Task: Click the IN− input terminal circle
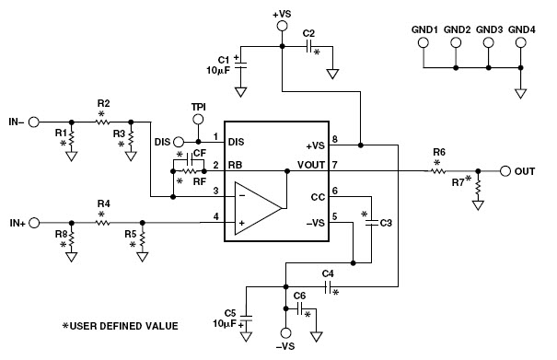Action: (35, 122)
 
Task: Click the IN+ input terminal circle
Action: (35, 223)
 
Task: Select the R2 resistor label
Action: (103, 103)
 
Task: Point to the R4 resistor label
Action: (103, 205)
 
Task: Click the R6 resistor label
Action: (439, 153)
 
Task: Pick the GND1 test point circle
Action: (424, 42)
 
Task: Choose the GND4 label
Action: (521, 29)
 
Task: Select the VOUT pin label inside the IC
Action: (309, 166)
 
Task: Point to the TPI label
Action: (199, 107)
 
